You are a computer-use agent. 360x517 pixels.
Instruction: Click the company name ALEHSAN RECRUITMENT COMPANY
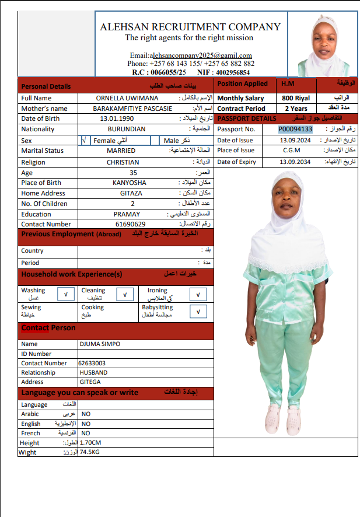pyautogui.click(x=190, y=27)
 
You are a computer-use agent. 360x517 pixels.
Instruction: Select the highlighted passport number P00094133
pyautogui.click(x=295, y=129)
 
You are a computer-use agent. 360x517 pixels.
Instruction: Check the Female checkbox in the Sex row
pyautogui.click(x=85, y=141)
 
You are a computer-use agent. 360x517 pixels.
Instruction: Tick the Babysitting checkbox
pyautogui.click(x=198, y=312)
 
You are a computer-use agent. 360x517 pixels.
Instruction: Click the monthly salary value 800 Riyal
pyautogui.click(x=296, y=98)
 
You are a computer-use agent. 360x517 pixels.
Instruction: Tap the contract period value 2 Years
pyautogui.click(x=296, y=109)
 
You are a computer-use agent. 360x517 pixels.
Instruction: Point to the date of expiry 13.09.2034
pyautogui.click(x=295, y=162)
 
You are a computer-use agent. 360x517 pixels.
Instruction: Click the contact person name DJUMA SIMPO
pyautogui.click(x=100, y=344)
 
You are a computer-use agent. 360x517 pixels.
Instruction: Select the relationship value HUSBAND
pyautogui.click(x=93, y=372)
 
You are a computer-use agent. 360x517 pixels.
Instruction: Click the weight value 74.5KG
pyautogui.click(x=90, y=452)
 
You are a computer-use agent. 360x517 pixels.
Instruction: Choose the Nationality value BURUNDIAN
pyautogui.click(x=127, y=129)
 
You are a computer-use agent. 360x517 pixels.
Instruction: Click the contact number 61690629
pyautogui.click(x=130, y=224)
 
